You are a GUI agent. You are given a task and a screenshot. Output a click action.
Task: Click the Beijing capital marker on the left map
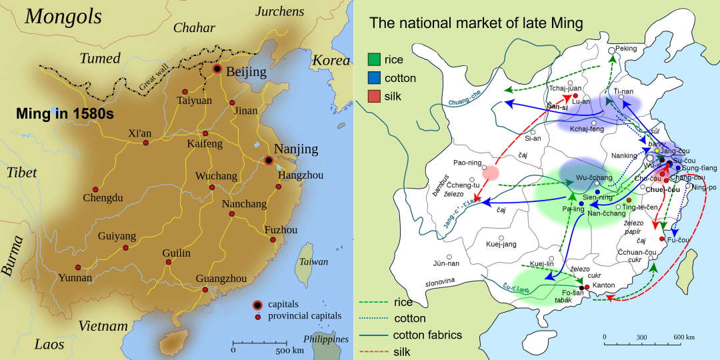(x=217, y=69)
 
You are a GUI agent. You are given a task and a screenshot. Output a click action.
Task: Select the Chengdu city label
(x=103, y=198)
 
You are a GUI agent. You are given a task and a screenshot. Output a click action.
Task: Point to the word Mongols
(x=63, y=17)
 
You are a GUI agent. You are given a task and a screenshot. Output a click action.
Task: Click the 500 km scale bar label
(x=290, y=350)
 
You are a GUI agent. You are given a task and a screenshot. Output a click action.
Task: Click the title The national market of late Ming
(x=476, y=24)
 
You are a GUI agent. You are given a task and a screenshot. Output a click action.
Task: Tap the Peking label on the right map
(x=626, y=48)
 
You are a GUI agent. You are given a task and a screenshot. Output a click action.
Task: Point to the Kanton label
(x=603, y=285)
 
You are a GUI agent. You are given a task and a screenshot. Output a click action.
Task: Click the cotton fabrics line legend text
(x=427, y=335)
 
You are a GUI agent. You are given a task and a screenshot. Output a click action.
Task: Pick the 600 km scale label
(x=679, y=337)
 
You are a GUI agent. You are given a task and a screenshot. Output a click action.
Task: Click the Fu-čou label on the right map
(x=678, y=239)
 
